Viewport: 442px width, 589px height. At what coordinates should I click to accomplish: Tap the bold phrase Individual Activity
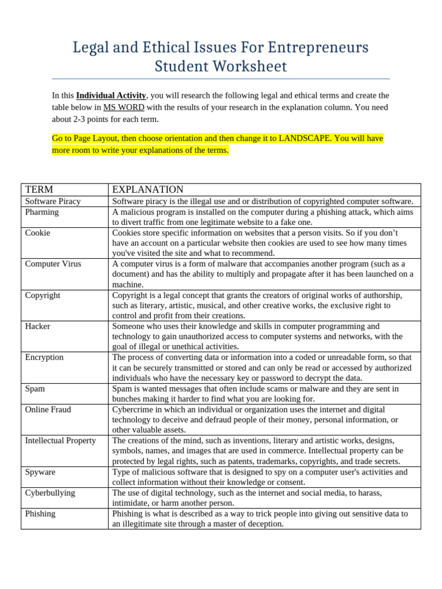coord(111,95)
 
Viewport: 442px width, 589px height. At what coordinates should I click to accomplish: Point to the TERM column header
coord(39,189)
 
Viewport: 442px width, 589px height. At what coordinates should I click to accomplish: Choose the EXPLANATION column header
coord(148,189)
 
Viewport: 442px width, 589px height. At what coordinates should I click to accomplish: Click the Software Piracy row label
coord(53,201)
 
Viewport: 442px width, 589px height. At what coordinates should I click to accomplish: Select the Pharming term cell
coord(42,212)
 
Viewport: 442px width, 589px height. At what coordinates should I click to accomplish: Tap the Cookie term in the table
coord(37,232)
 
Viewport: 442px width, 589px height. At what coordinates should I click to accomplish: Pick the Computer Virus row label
coord(53,263)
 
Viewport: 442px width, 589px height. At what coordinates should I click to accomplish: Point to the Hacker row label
coord(37,326)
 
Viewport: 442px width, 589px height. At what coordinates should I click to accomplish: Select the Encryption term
coord(44,357)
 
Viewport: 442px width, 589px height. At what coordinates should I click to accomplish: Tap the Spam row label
coord(35,389)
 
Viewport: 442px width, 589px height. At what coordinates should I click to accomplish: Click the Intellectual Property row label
coord(60,441)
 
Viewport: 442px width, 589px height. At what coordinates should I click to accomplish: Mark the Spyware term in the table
coord(40,472)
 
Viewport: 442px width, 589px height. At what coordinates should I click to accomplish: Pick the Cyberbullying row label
coord(50,493)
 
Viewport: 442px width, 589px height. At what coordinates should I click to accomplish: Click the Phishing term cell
coord(40,514)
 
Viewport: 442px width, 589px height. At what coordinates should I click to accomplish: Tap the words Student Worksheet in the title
coord(220,67)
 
